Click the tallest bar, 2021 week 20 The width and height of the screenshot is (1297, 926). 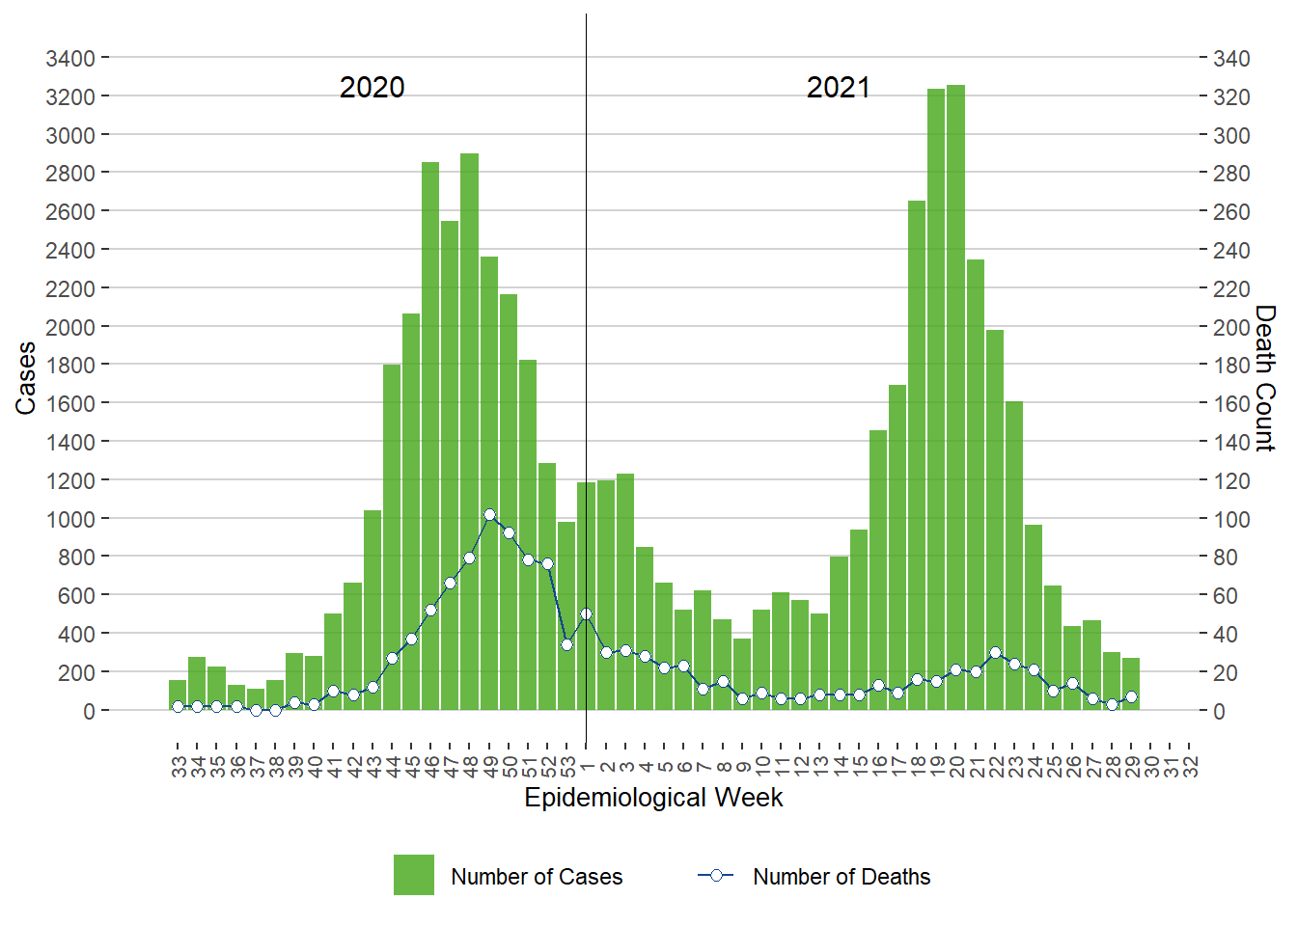click(x=956, y=395)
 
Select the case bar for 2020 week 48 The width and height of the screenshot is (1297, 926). click(x=470, y=434)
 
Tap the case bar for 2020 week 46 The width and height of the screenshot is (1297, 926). click(x=430, y=434)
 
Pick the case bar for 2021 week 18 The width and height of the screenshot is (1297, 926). click(x=917, y=453)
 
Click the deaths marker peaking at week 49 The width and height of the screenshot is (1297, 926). click(x=489, y=515)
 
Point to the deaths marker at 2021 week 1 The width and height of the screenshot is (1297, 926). click(x=586, y=613)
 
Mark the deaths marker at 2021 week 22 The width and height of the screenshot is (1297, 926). click(x=995, y=653)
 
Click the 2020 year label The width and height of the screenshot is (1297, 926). click(x=373, y=88)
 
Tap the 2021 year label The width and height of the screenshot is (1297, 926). click(x=839, y=88)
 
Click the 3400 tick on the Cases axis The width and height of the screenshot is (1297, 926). click(x=70, y=59)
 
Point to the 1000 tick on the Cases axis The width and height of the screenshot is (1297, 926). click(x=70, y=519)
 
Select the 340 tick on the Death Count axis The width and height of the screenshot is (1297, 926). click(x=1231, y=59)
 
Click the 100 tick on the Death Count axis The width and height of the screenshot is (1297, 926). click(x=1231, y=519)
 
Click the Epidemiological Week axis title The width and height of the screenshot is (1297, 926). click(x=653, y=798)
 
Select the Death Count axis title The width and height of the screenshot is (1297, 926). click(x=1265, y=378)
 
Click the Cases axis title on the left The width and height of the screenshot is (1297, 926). click(x=26, y=378)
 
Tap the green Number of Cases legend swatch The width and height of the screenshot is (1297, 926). click(x=414, y=875)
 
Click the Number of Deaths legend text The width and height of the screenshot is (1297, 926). click(x=842, y=877)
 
